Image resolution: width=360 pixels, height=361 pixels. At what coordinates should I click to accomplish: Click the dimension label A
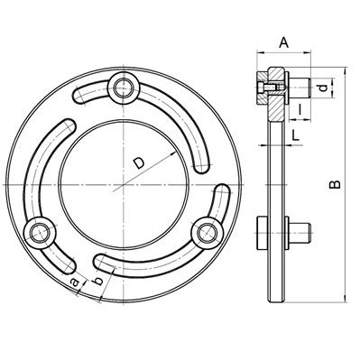tap(283, 42)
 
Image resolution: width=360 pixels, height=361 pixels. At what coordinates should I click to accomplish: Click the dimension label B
tap(335, 184)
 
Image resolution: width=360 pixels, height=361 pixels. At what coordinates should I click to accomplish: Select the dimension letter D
tap(139, 163)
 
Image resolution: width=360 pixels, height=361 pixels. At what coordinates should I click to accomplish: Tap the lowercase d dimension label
tap(322, 88)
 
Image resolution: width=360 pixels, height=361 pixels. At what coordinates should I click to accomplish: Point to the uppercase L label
tap(296, 135)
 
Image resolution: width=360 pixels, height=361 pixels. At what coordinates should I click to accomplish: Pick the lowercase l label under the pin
tap(300, 109)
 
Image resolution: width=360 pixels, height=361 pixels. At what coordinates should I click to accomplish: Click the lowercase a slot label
tap(74, 282)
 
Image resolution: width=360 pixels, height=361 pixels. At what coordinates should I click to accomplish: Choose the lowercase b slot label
tap(97, 281)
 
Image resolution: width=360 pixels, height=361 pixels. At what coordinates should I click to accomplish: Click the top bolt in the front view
tap(124, 88)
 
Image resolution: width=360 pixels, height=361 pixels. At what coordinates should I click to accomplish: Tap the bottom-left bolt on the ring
tap(40, 232)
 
